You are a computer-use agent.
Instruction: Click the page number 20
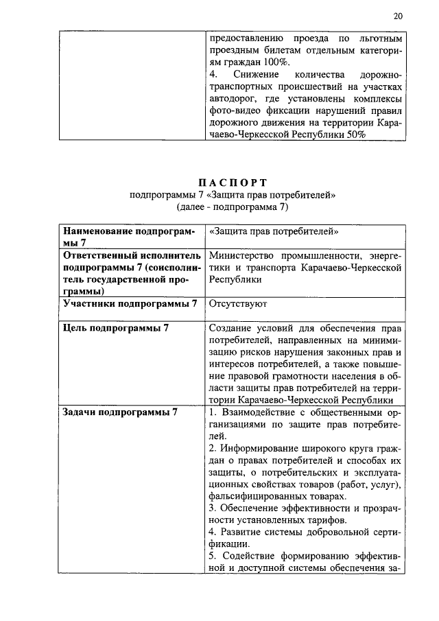tap(399, 15)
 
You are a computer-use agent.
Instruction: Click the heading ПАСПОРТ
tap(233, 182)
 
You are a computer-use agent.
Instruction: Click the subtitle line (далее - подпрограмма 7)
tap(233, 206)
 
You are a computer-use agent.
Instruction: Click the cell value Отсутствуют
tap(238, 303)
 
